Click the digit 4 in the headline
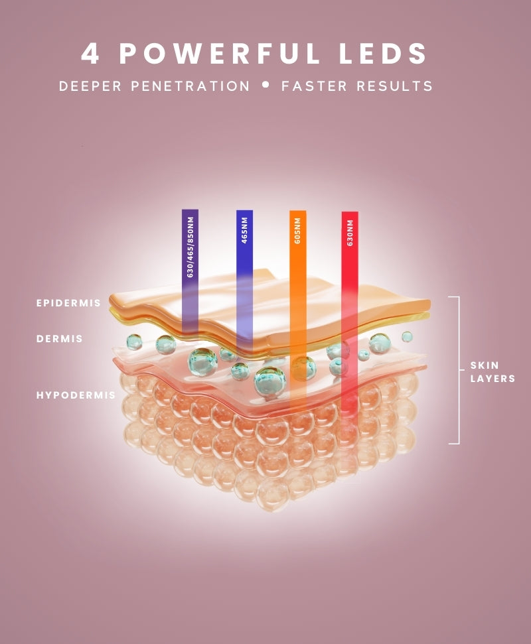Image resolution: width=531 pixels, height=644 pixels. pyautogui.click(x=90, y=54)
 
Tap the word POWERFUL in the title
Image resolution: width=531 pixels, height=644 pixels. pyautogui.click(x=220, y=54)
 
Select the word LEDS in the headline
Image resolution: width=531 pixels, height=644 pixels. pyautogui.click(x=383, y=54)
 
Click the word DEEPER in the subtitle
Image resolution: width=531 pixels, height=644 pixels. pyautogui.click(x=90, y=86)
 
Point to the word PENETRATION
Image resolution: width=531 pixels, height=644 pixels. pyautogui.click(x=190, y=86)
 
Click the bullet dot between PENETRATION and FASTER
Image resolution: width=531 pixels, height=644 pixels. pyautogui.click(x=266, y=85)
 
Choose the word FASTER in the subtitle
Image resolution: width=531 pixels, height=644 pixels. pyautogui.click(x=315, y=86)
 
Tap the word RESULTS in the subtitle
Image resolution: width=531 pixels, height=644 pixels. pyautogui.click(x=394, y=86)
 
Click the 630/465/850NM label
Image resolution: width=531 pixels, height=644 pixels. pyautogui.click(x=190, y=247)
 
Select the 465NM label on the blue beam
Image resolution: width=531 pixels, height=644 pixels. pyautogui.click(x=244, y=230)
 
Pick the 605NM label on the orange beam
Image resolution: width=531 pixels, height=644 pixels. pyautogui.click(x=297, y=230)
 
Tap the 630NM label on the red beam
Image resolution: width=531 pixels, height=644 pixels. pyautogui.click(x=350, y=233)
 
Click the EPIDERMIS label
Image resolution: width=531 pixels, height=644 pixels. pyautogui.click(x=68, y=303)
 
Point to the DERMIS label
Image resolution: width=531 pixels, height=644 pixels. pyautogui.click(x=60, y=339)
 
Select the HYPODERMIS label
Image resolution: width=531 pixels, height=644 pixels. pyautogui.click(x=76, y=395)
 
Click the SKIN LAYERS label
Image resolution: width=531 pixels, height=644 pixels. pyautogui.click(x=493, y=371)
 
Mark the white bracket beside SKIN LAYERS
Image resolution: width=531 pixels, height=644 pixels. pyautogui.click(x=459, y=370)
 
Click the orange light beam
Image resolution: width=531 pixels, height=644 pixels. pyautogui.click(x=298, y=308)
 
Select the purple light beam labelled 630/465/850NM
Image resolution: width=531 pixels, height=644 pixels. pyautogui.click(x=190, y=271)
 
